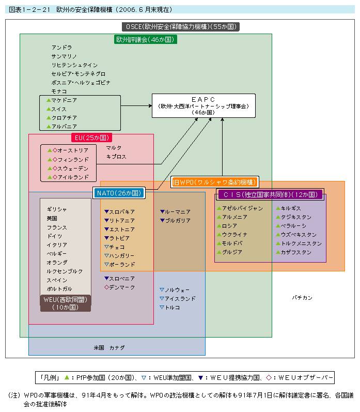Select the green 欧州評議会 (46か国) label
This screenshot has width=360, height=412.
point(146,39)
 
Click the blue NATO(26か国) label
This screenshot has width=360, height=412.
point(119,193)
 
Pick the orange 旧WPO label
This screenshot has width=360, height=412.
point(214,182)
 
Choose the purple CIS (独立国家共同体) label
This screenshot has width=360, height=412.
point(270,194)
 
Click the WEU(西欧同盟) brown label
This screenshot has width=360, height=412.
point(66,303)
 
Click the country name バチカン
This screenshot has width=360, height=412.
point(302,298)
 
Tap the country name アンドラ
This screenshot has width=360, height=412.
point(61,47)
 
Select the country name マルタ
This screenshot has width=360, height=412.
point(114,148)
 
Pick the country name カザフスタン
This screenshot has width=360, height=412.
point(296,252)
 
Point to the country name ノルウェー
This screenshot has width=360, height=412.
point(177,289)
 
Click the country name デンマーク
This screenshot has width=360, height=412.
point(122,287)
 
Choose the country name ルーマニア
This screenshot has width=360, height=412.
point(178,212)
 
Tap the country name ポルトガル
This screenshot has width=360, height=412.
point(59,289)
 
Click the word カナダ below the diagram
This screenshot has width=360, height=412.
point(117,347)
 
